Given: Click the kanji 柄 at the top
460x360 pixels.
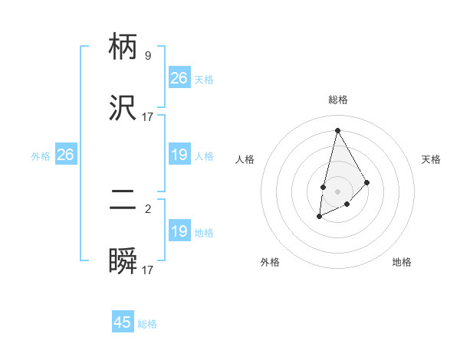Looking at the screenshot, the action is (x=123, y=47).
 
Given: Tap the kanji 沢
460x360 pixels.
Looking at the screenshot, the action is (x=123, y=107).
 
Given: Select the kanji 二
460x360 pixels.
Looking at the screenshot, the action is (x=123, y=201).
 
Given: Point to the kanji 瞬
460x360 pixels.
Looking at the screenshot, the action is (x=123, y=262).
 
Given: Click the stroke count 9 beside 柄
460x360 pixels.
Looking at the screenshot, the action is (x=148, y=55).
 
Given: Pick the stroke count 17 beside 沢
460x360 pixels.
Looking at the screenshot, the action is (x=148, y=116).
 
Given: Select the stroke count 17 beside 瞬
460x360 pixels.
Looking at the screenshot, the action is (x=148, y=270).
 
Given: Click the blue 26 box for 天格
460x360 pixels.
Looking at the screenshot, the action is (x=179, y=78).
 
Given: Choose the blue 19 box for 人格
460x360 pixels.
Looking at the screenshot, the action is (x=179, y=155).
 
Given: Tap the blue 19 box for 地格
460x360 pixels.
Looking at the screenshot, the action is (x=179, y=231).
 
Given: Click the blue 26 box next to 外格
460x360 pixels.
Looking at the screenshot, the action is (x=65, y=155).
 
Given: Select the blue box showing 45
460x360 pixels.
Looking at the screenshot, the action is (x=123, y=322).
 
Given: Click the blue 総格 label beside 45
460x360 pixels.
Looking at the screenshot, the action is (x=147, y=324).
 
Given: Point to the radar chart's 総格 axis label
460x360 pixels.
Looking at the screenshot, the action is (x=337, y=100).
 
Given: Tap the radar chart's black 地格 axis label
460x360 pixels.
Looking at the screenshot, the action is (x=402, y=262).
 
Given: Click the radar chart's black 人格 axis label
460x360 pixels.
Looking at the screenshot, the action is (x=245, y=159).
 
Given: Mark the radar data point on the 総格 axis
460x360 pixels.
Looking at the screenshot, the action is (x=337, y=130).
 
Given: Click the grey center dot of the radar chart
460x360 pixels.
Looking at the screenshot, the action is (x=337, y=191).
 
